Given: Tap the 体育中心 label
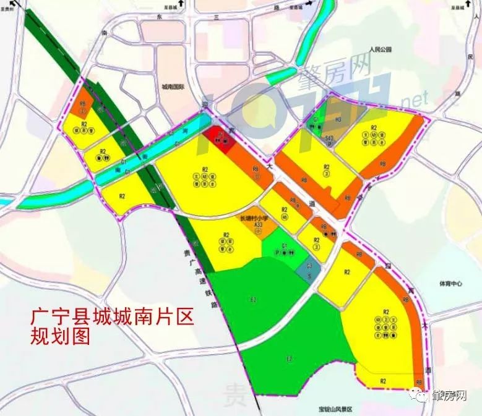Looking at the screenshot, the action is point(450,284).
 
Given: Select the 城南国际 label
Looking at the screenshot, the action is point(171,88).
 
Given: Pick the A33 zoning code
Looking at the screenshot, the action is point(259,225).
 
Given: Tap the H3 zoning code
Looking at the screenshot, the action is point(338,119).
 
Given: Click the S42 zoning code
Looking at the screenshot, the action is point(330,139).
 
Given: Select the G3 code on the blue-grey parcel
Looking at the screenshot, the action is point(309,266).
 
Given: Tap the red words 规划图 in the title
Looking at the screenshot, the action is point(60,337).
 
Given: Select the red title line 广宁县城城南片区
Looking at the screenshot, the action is point(112,317).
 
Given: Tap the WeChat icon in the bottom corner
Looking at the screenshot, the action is point(422,396).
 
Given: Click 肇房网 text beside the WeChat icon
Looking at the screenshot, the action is point(450,396).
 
